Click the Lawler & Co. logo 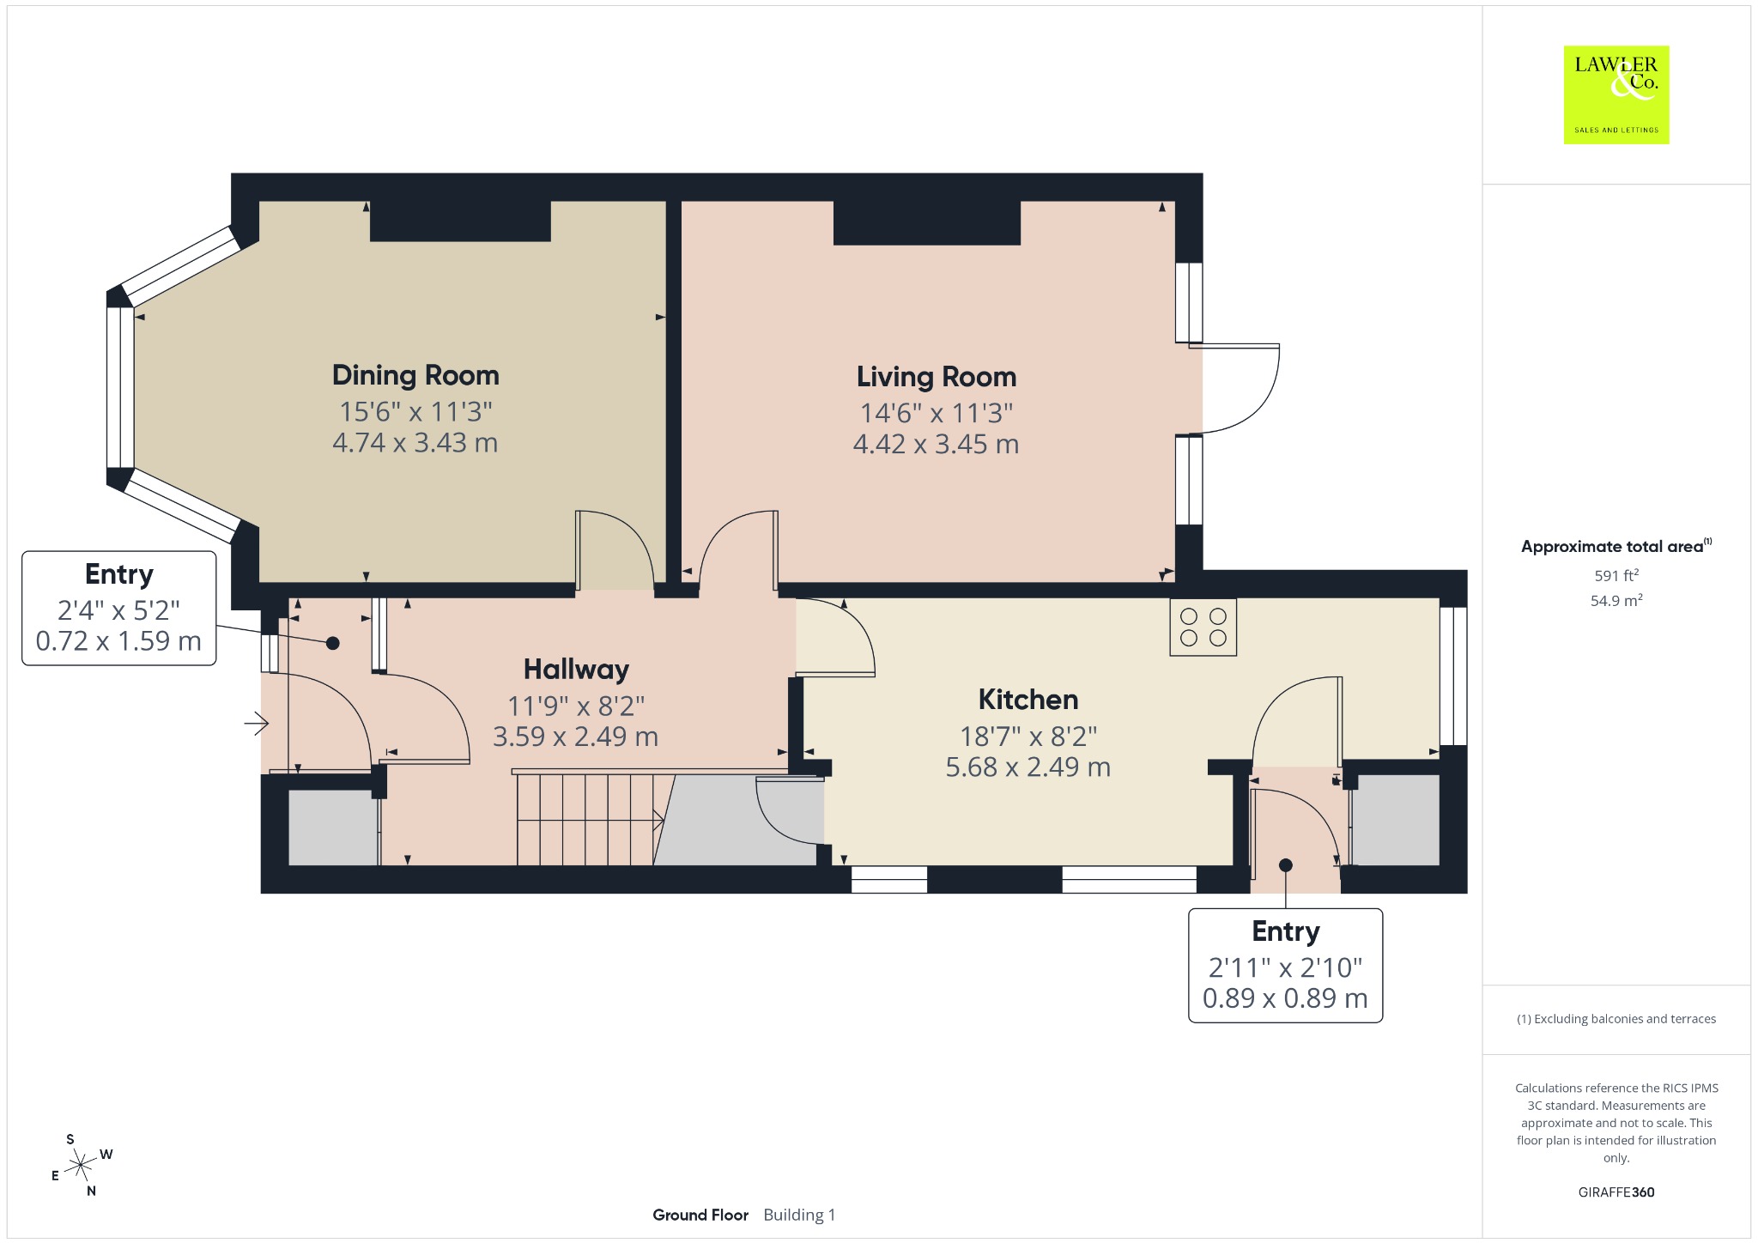[1616, 94]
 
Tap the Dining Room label [415, 375]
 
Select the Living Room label [937, 377]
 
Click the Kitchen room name [1028, 700]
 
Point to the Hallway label [577, 670]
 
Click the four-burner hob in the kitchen [1203, 628]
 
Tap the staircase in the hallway [591, 819]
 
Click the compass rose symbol [81, 1165]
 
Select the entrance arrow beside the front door [257, 725]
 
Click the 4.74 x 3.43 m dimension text [415, 443]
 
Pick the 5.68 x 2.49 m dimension [1028, 767]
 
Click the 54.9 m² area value [1616, 600]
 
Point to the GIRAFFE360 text [1616, 1192]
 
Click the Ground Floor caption [700, 1215]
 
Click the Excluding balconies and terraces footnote [1616, 1019]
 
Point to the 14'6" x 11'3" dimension [937, 413]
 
